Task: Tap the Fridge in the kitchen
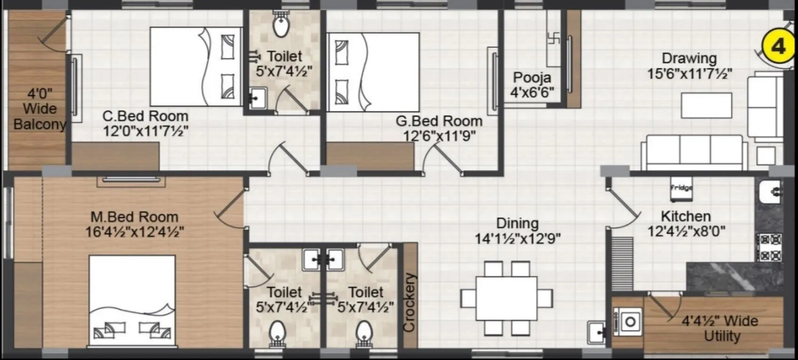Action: [x=681, y=188]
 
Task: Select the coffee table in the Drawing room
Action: [x=706, y=105]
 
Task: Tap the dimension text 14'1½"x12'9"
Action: [x=517, y=239]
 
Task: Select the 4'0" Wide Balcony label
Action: [x=39, y=109]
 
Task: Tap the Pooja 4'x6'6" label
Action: [x=532, y=85]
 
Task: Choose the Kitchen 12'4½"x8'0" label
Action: [x=686, y=224]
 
